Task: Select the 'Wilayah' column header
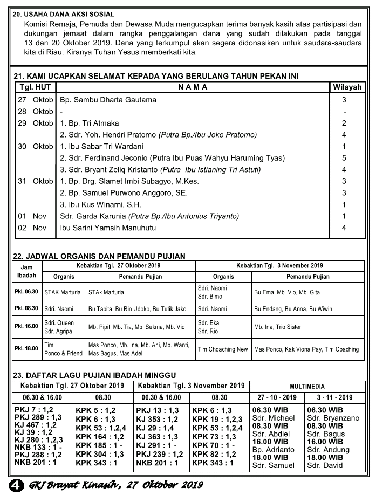[346, 87]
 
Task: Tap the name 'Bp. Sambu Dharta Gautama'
[108, 100]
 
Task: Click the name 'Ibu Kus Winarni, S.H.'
[101, 204]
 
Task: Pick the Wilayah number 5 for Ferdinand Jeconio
[344, 158]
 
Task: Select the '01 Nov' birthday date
[32, 216]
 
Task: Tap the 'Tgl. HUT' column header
[35, 87]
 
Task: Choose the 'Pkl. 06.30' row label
[26, 292]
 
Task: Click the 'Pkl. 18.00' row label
[26, 349]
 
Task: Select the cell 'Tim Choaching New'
[223, 349]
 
